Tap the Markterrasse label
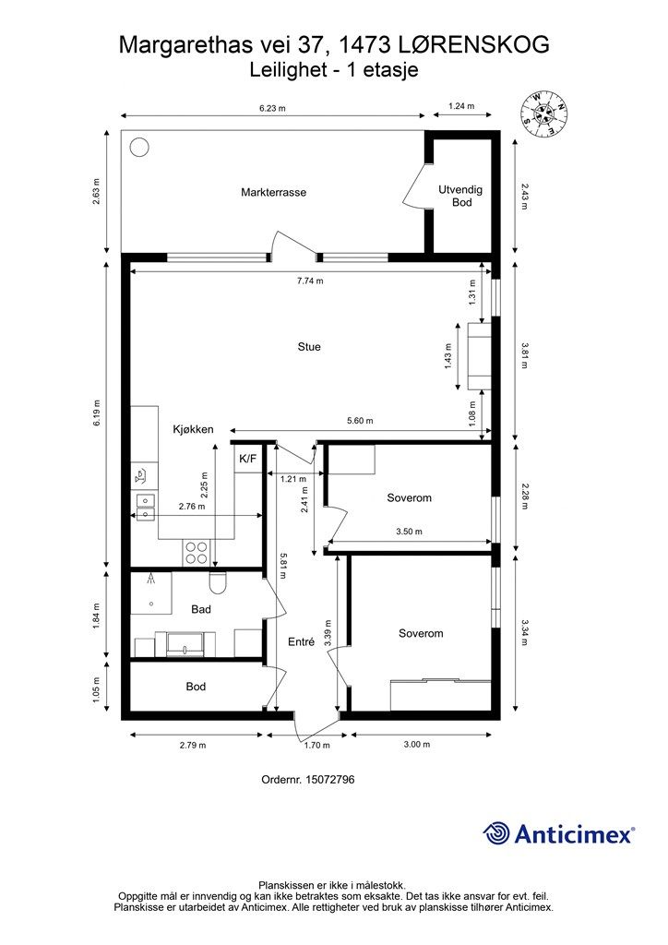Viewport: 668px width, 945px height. [273, 192]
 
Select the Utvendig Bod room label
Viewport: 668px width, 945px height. [460, 196]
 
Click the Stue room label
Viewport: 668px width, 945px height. [309, 347]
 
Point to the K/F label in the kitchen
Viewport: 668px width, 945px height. [247, 459]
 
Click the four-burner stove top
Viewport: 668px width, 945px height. [197, 552]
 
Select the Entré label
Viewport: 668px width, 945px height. [301, 642]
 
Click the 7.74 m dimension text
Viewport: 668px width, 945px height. [310, 281]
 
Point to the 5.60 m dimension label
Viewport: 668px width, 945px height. [360, 421]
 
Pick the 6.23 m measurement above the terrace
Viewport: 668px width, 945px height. [272, 109]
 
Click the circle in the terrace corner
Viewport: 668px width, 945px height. [139, 147]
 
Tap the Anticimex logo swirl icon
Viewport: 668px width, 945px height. [495, 833]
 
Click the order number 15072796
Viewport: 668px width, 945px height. [330, 779]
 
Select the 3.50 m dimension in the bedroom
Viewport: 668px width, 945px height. [409, 532]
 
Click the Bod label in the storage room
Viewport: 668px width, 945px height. [196, 687]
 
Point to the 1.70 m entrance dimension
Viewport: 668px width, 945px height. [316, 745]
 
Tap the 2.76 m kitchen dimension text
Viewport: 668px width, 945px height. [192, 507]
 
